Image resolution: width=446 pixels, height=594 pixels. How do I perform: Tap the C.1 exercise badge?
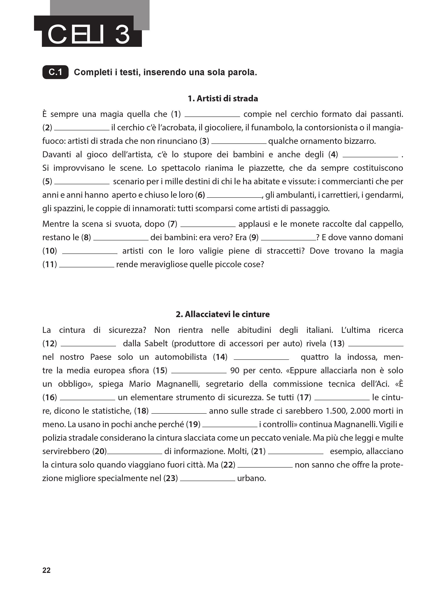click(55, 72)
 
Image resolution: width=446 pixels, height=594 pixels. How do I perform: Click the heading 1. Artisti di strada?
click(223, 99)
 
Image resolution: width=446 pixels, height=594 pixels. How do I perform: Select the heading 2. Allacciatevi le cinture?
click(223, 314)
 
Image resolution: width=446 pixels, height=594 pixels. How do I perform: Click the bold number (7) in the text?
click(172, 224)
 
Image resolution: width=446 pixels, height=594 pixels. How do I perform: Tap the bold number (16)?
click(50, 398)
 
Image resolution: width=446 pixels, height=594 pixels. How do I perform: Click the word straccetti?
click(285, 251)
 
